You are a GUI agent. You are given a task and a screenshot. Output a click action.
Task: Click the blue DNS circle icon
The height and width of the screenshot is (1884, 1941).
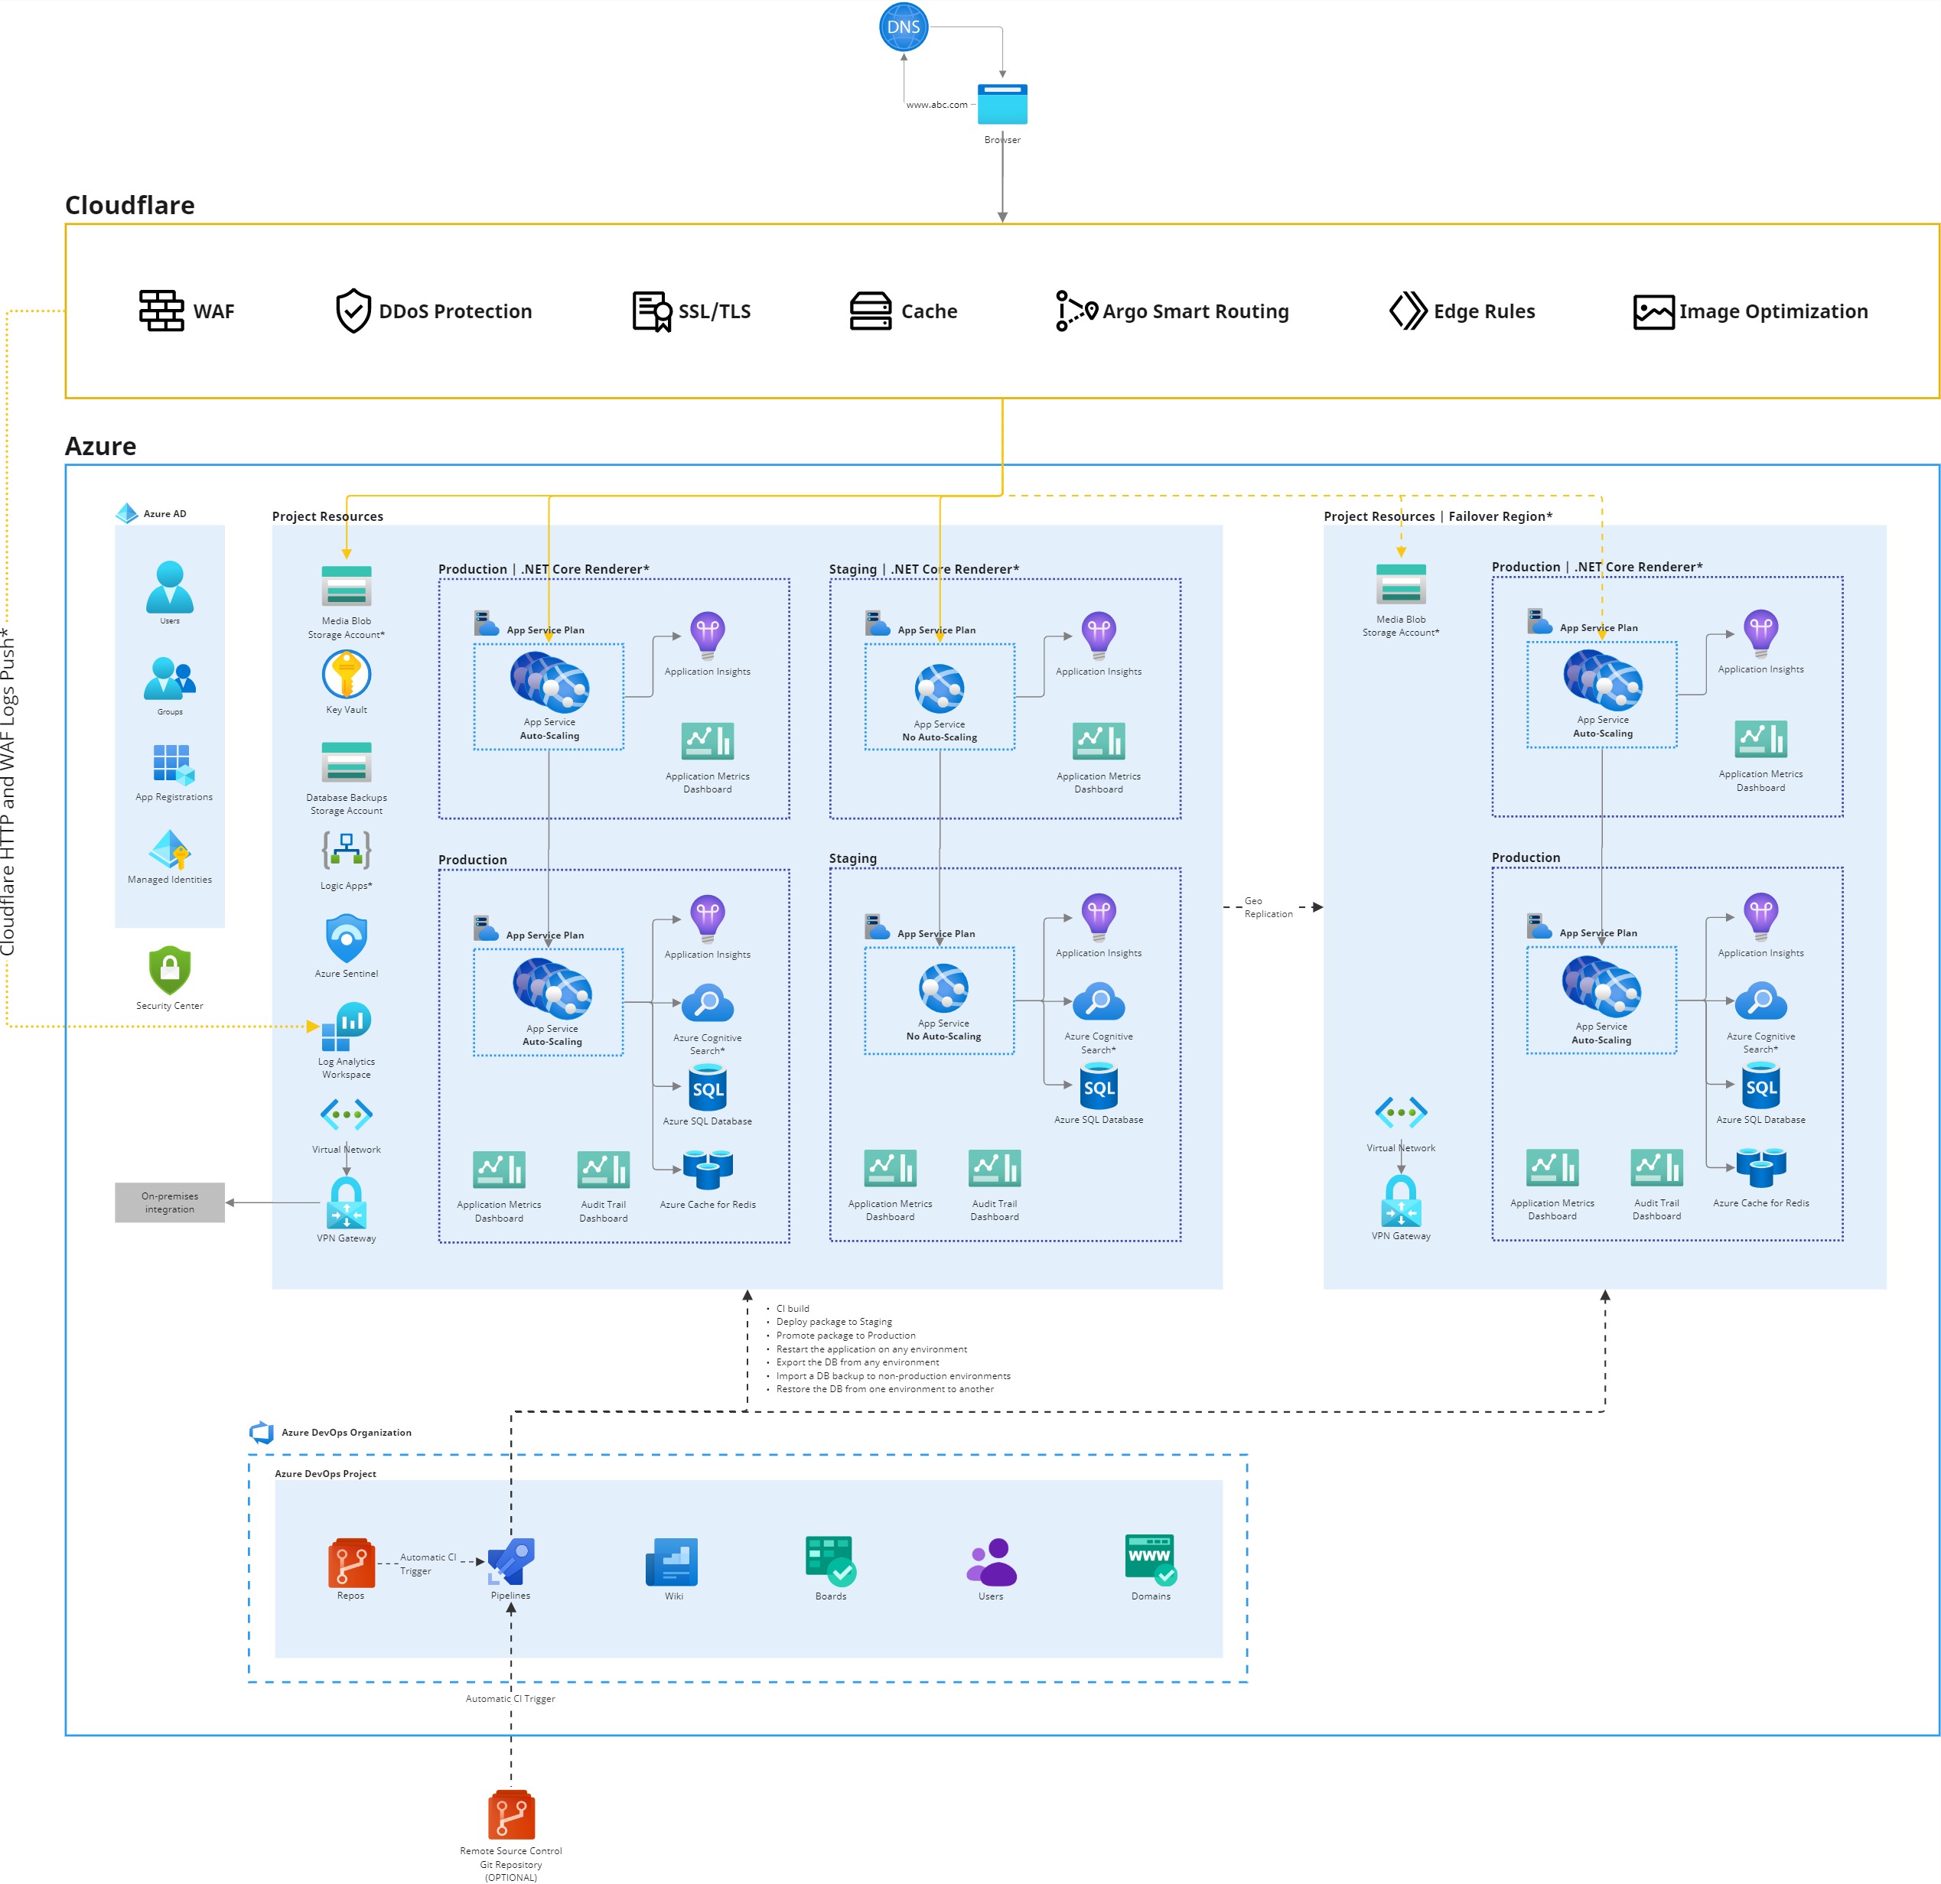pos(903,28)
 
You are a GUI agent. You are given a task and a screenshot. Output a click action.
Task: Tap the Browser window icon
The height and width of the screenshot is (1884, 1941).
pos(1002,104)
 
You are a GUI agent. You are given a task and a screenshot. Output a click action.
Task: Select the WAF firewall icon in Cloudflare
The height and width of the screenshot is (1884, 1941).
pos(161,311)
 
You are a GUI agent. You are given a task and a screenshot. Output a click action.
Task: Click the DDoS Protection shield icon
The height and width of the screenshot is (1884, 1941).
pos(353,311)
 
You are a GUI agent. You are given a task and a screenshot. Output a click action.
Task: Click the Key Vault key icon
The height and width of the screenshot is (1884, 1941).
pos(346,675)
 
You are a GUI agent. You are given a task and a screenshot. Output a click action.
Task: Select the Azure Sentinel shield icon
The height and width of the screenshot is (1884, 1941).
pos(346,938)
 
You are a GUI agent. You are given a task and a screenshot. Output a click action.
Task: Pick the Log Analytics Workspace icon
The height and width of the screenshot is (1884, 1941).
pos(346,1027)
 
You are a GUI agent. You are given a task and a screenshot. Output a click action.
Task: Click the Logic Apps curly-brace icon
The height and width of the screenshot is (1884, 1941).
pos(346,849)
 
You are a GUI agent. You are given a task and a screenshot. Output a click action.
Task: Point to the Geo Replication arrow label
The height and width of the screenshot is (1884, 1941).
pos(1267,907)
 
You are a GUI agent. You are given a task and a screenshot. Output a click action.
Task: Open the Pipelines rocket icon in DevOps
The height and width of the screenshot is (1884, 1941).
pos(511,1561)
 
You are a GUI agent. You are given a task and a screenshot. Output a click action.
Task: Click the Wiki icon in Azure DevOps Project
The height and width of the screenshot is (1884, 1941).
pos(673,1562)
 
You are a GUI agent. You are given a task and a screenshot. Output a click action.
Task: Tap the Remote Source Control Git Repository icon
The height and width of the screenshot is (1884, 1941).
pos(511,1814)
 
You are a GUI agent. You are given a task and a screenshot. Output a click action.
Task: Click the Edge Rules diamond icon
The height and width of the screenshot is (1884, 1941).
pos(1407,311)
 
